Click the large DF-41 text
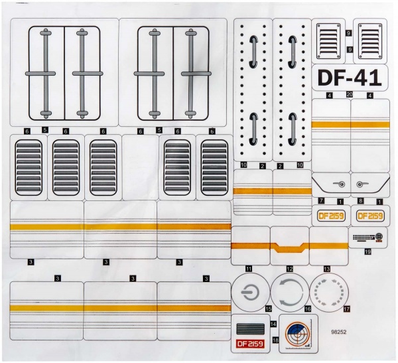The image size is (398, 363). pyautogui.click(x=348, y=78)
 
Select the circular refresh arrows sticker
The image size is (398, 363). pyautogui.click(x=290, y=292)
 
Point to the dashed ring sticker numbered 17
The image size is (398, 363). pyautogui.click(x=328, y=292)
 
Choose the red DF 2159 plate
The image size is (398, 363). pyautogui.click(x=249, y=343)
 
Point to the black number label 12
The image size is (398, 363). pyautogui.click(x=289, y=268)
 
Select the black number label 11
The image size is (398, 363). pyautogui.click(x=249, y=268)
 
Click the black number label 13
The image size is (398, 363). pyautogui.click(x=326, y=268)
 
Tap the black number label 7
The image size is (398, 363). pyautogui.click(x=320, y=200)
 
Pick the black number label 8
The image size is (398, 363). pyautogui.click(x=360, y=200)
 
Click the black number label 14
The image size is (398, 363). pyautogui.click(x=273, y=323)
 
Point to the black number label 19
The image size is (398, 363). pyautogui.click(x=366, y=252)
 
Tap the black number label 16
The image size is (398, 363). pyautogui.click(x=307, y=309)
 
